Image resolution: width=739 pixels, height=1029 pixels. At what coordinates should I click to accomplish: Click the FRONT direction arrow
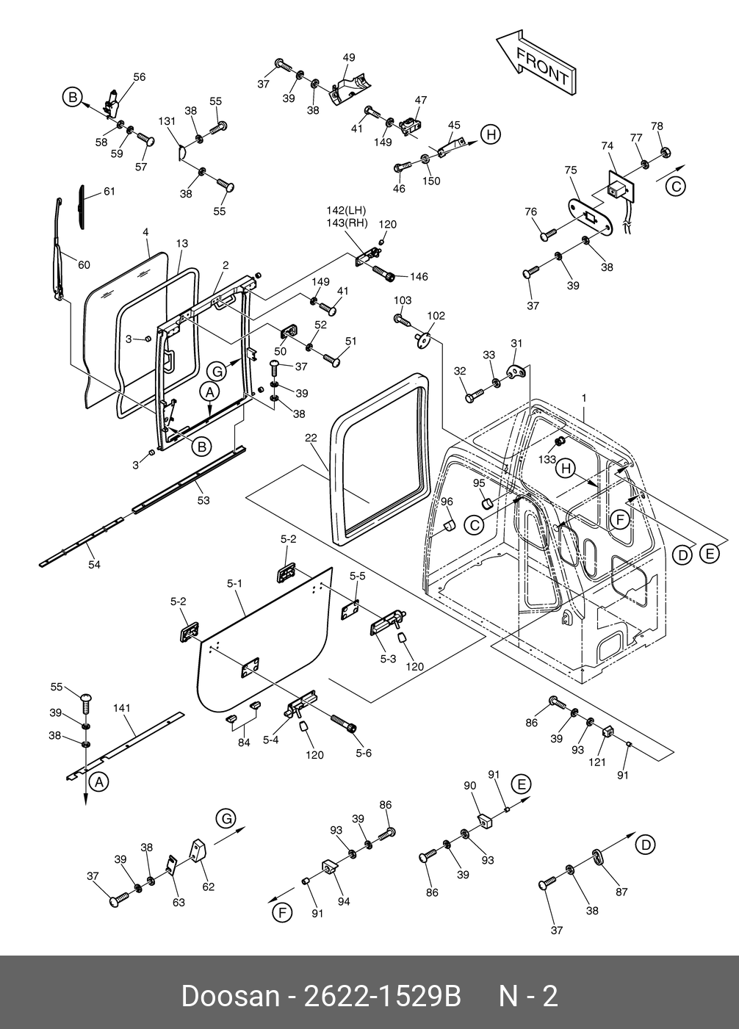click(x=536, y=63)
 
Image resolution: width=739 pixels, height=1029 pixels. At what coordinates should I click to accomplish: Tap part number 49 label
click(x=349, y=57)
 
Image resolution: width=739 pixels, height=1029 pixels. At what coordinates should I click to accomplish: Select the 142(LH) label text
click(x=346, y=210)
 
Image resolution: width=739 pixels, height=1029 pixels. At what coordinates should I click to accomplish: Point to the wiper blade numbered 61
click(x=82, y=207)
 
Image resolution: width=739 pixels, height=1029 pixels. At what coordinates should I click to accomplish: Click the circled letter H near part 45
click(x=491, y=134)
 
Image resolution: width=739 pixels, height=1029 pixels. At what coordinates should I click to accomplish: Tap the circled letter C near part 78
click(x=676, y=187)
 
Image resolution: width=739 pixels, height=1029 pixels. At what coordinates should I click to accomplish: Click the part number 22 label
click(x=311, y=438)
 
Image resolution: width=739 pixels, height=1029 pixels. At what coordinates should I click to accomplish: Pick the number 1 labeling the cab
click(x=584, y=398)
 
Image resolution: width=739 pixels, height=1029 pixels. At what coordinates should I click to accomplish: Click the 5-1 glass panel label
click(x=234, y=583)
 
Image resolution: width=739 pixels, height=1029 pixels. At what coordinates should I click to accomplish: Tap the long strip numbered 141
click(x=125, y=745)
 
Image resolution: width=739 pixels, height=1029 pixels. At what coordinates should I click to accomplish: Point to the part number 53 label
click(x=203, y=500)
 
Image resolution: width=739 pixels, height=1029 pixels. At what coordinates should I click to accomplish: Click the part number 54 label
click(x=94, y=565)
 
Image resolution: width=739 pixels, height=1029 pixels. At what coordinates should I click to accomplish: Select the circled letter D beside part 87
click(x=646, y=845)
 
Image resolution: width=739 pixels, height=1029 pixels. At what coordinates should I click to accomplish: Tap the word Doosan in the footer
click(x=230, y=997)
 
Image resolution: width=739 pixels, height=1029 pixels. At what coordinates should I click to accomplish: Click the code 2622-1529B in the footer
click(x=383, y=997)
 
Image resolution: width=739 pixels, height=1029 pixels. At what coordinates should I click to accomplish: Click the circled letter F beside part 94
click(x=282, y=912)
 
